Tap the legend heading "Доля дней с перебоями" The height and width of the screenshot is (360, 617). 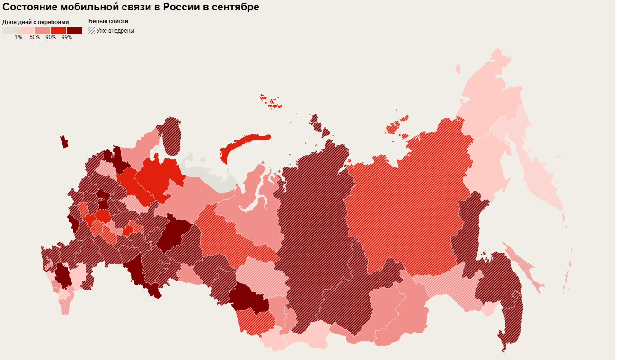35,22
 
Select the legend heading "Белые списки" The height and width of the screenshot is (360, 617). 108,21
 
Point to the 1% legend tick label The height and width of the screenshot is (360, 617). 18,37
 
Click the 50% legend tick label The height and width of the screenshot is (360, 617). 35,37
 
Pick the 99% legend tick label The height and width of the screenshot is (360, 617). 67,37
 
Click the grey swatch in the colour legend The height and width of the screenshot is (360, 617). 10,30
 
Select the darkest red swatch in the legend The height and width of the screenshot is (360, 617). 74,30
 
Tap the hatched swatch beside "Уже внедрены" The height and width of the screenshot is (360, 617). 92,30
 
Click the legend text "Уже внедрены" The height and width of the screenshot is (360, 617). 115,31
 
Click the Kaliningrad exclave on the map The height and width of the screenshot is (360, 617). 64,142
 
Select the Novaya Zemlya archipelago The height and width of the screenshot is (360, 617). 241,144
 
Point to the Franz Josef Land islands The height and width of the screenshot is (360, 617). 271,102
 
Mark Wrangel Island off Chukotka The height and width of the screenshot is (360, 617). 458,69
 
